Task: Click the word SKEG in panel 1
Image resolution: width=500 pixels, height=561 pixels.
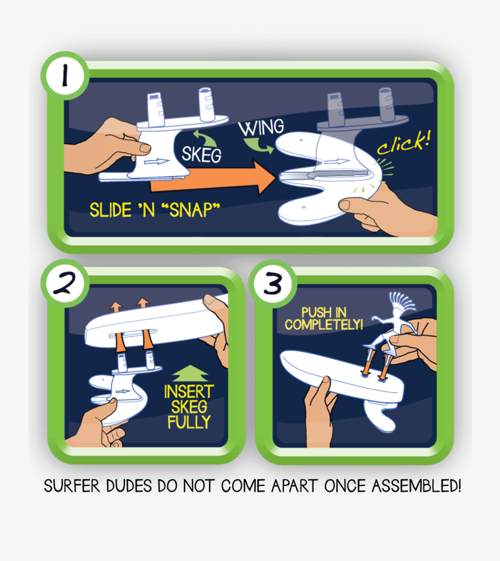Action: point(201,154)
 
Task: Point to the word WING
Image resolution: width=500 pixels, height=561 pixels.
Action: point(261,128)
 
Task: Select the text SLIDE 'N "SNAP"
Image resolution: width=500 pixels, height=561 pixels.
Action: point(155,209)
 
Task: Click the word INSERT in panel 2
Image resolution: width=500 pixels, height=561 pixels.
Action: point(188,392)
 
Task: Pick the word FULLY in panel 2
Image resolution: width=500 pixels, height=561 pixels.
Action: point(189,422)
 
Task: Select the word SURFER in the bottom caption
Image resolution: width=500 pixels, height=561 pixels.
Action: point(71,486)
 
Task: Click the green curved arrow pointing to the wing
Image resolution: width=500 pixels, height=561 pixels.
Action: point(259,146)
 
